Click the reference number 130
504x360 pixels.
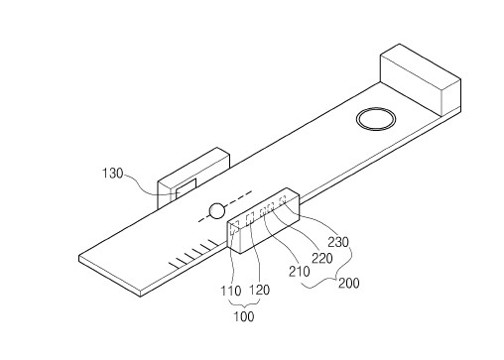[112, 174]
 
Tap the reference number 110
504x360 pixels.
[231, 291]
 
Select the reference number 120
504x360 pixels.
[259, 290]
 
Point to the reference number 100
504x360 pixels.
[244, 316]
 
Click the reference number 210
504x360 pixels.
[300, 272]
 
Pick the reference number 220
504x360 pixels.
[322, 258]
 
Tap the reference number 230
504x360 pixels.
[338, 242]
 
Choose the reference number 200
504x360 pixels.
[349, 283]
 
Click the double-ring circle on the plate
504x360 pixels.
[376, 119]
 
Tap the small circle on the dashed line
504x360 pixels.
[217, 211]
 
